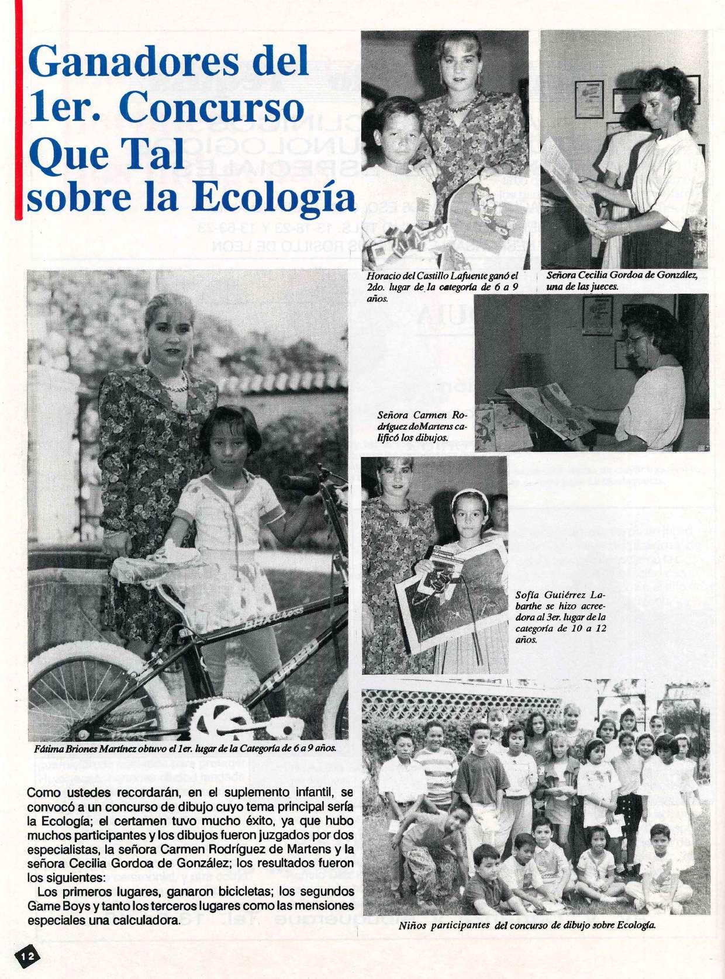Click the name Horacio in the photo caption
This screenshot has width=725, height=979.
coord(381,275)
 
